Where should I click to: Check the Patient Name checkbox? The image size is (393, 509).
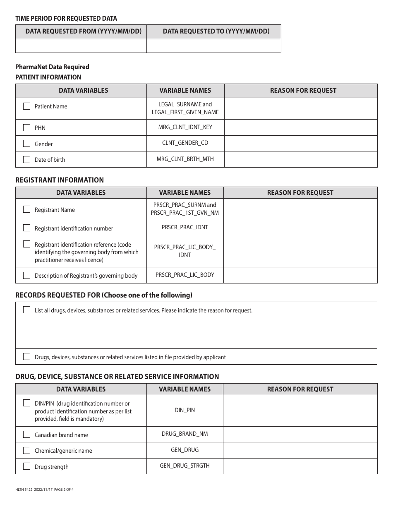click(27, 106)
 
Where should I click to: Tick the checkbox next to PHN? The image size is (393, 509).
click(27, 127)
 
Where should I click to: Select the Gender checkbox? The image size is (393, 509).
click(27, 144)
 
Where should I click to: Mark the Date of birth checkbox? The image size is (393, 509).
click(27, 159)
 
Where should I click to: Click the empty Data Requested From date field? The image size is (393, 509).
click(81, 46)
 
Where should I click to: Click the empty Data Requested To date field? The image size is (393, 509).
click(214, 46)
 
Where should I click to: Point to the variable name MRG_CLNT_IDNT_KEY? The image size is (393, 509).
click(185, 127)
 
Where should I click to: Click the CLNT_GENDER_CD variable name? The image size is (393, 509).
click(185, 143)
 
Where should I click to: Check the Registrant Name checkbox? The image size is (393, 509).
click(27, 209)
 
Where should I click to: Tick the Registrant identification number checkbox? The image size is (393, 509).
click(27, 228)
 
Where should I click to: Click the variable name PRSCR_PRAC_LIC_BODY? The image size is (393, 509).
click(185, 275)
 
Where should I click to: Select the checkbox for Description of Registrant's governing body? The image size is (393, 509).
click(27, 275)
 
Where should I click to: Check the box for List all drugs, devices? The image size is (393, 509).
click(27, 310)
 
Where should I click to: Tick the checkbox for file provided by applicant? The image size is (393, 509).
click(27, 357)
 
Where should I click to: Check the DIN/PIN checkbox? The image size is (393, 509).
click(27, 403)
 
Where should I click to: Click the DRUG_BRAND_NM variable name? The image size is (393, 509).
click(185, 434)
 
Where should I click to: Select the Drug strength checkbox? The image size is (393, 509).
click(27, 466)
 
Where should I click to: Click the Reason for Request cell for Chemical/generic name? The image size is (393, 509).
click(300, 450)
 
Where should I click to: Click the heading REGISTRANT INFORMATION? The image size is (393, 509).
click(60, 180)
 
